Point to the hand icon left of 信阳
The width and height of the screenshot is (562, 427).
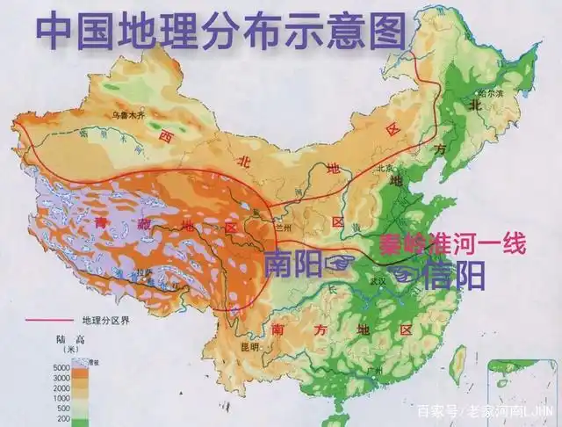coord(403,273)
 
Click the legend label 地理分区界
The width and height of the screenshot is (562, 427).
coord(110,319)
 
